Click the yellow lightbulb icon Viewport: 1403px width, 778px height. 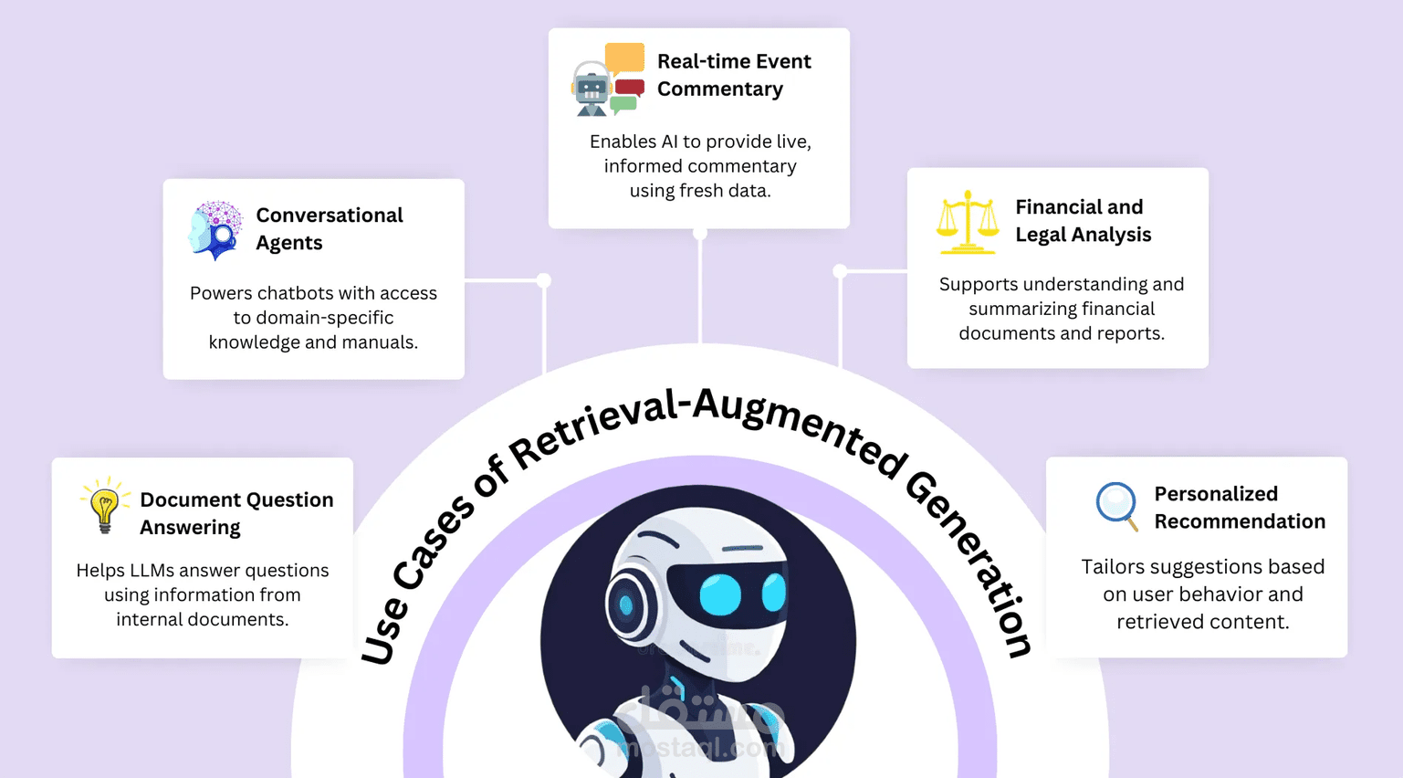point(105,505)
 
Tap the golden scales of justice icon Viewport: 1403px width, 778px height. point(968,223)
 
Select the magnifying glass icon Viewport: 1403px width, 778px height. point(1117,506)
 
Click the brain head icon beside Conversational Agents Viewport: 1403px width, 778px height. point(215,230)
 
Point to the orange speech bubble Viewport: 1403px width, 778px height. point(624,58)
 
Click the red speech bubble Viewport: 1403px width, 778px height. point(630,88)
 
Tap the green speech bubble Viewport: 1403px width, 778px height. point(623,105)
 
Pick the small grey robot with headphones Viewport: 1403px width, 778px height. point(592,89)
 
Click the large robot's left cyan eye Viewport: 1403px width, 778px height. point(720,594)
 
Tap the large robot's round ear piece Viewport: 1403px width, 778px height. point(626,604)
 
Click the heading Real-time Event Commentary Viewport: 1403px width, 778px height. point(734,75)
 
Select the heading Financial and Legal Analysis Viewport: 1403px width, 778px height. point(1083,220)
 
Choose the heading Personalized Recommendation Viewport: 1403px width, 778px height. point(1240,508)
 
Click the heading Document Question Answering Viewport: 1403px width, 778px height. point(236,514)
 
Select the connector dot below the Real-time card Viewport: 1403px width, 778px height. point(699,234)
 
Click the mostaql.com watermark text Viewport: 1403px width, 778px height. point(700,747)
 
